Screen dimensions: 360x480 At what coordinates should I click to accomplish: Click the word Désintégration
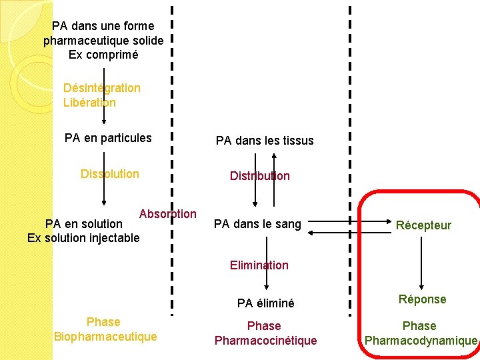(x=101, y=88)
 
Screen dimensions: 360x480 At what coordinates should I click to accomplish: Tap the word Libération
(x=89, y=103)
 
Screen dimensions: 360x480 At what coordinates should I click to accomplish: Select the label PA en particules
(x=108, y=139)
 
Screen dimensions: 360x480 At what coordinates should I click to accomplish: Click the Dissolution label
(x=109, y=174)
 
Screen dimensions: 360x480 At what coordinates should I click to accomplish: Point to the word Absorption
(x=167, y=214)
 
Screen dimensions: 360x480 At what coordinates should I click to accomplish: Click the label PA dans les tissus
(x=264, y=141)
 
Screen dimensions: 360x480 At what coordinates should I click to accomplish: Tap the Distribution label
(x=259, y=176)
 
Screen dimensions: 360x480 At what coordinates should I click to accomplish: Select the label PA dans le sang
(x=257, y=224)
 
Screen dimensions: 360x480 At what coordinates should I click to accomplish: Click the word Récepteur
(x=423, y=225)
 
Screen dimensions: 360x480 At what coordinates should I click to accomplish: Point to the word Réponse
(x=422, y=299)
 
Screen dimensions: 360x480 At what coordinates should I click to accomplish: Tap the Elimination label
(x=259, y=265)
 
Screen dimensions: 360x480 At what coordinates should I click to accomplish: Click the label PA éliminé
(x=265, y=303)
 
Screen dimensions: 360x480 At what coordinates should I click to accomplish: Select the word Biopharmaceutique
(x=105, y=337)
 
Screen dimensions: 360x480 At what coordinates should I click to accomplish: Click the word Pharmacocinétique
(x=265, y=341)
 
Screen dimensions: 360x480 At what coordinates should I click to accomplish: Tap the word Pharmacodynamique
(x=421, y=341)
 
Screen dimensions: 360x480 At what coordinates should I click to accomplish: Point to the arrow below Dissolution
(x=104, y=194)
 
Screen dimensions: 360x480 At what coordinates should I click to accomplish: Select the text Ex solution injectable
(x=83, y=237)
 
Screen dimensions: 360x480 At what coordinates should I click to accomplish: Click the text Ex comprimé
(x=103, y=55)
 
